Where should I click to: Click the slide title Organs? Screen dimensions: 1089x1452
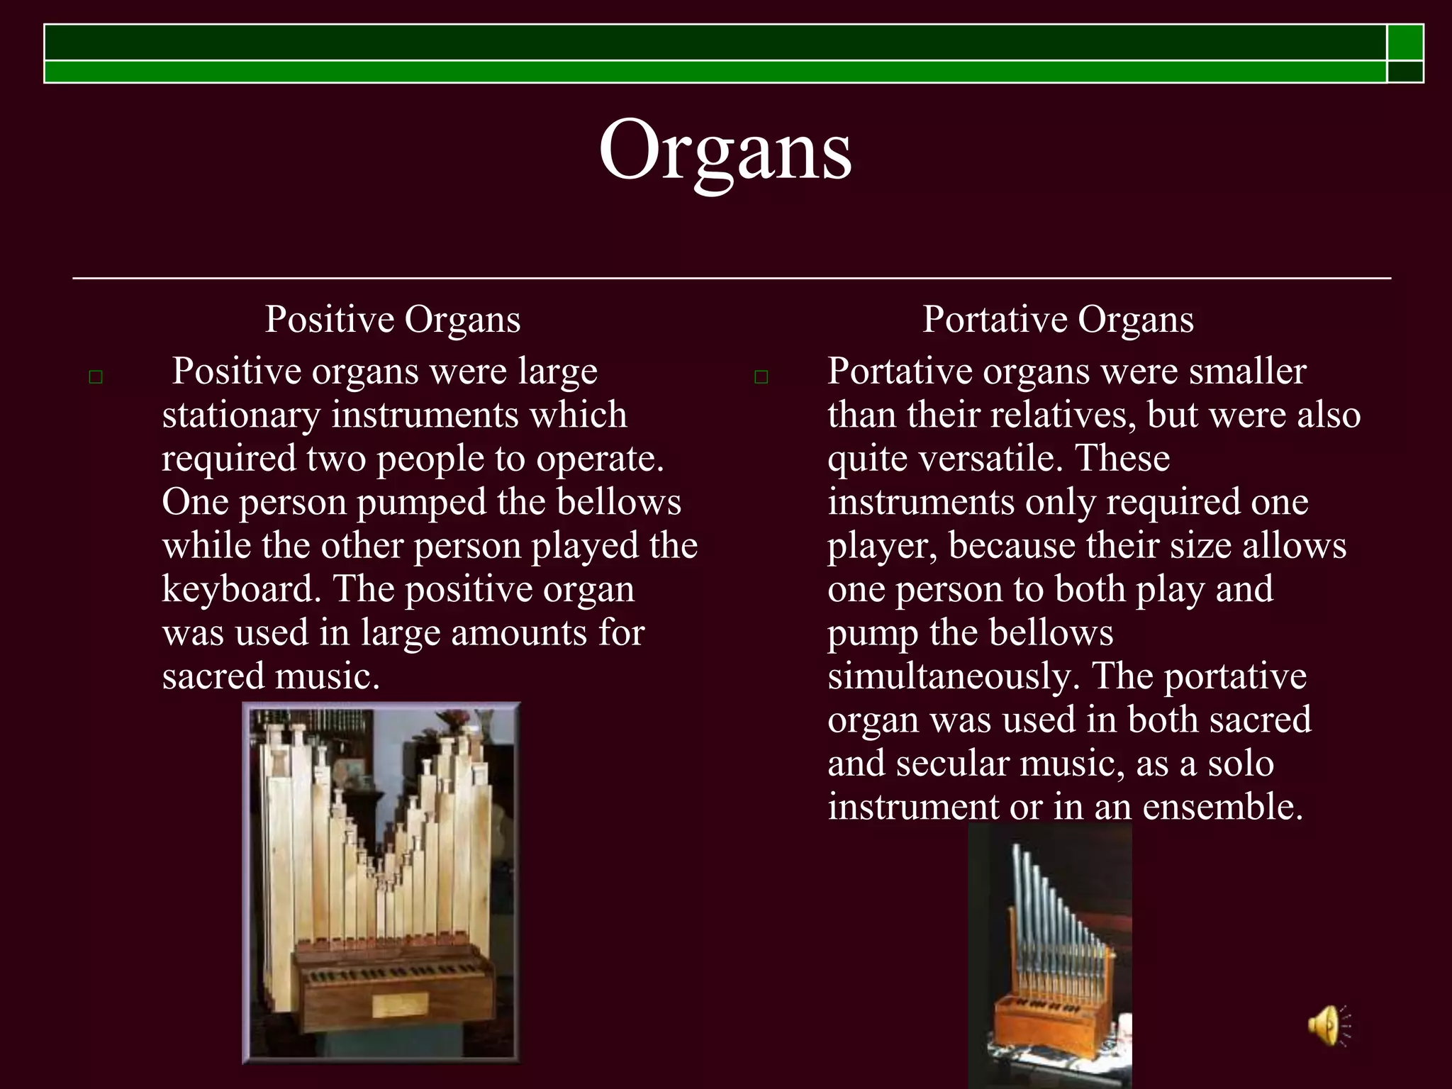click(725, 150)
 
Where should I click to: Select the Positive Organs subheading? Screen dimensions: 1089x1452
click(393, 319)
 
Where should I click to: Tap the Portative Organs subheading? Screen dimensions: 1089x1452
click(1058, 319)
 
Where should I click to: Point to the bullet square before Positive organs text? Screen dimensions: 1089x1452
click(96, 377)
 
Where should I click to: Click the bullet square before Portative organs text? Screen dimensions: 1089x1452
click(761, 377)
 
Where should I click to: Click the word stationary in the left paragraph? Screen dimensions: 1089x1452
click(241, 415)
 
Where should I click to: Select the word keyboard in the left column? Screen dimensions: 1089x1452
click(241, 590)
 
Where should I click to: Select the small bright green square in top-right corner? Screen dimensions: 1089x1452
click(1405, 43)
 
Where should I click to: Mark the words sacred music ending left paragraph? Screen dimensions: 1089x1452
click(270, 677)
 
